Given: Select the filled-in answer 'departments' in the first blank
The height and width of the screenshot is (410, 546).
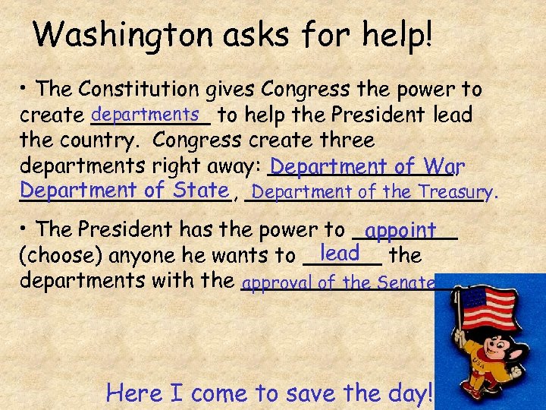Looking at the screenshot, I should [149, 113].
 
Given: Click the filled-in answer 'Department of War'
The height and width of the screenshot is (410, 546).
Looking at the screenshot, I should [367, 166].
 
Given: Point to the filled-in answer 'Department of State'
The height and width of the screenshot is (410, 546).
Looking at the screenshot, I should [124, 190].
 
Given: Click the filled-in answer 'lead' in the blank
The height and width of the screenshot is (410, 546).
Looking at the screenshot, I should [339, 252].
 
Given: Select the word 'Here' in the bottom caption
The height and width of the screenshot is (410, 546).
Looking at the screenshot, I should [133, 393].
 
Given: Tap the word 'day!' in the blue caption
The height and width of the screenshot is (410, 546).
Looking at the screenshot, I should [409, 393].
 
